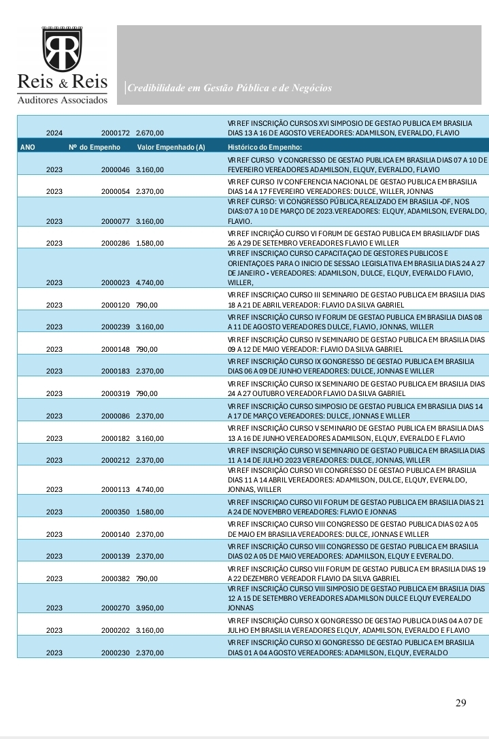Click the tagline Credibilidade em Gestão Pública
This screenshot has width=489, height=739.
click(x=230, y=88)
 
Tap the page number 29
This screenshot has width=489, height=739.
click(x=461, y=703)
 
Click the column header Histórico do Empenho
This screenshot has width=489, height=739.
click(x=265, y=147)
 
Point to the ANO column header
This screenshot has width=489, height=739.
click(x=28, y=147)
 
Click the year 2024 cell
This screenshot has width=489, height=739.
click(x=54, y=133)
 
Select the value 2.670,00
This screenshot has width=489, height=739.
click(x=150, y=133)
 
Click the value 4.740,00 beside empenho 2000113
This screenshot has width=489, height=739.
click(x=150, y=489)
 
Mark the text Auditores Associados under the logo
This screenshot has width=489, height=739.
click(x=62, y=100)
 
